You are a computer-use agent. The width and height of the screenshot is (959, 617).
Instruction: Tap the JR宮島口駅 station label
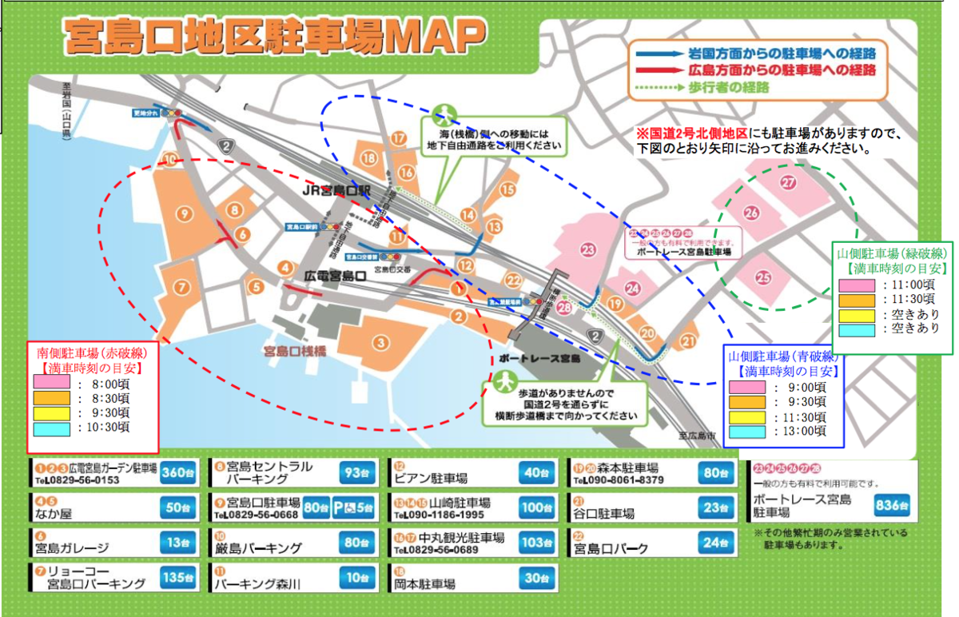coord(336,192)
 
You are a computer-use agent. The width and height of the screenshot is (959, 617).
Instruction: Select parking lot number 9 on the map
coord(184,213)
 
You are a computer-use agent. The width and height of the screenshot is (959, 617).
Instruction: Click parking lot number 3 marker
coord(381,344)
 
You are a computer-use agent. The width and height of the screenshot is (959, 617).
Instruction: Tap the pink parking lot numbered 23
coord(589,251)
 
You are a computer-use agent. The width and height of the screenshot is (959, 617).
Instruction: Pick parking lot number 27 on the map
coord(789,183)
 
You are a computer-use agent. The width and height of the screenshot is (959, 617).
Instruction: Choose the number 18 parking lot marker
coord(368,157)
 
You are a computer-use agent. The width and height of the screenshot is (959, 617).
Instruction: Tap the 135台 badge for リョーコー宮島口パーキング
coord(177,577)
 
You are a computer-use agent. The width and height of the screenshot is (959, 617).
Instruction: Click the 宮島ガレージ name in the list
coord(72,548)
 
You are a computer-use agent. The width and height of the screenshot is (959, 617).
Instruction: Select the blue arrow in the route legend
coord(657,54)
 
